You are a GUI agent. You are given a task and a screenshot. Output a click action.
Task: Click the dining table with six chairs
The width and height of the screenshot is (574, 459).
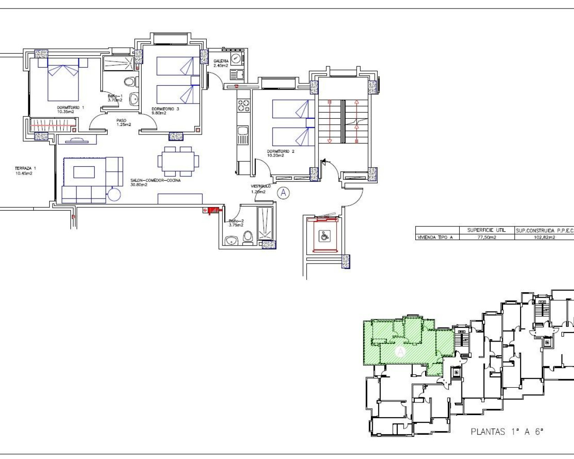click(178, 161)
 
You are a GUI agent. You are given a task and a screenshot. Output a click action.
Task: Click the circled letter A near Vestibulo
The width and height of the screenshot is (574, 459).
click(283, 193)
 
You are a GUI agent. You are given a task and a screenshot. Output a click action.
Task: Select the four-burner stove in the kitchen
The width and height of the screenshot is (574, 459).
click(244, 106)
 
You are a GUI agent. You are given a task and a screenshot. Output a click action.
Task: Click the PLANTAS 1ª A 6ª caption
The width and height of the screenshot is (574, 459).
click(507, 432)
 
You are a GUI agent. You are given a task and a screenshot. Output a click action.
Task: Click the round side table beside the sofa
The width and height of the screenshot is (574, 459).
click(114, 195)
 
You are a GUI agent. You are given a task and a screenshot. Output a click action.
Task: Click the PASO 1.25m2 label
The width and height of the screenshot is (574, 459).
click(123, 122)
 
